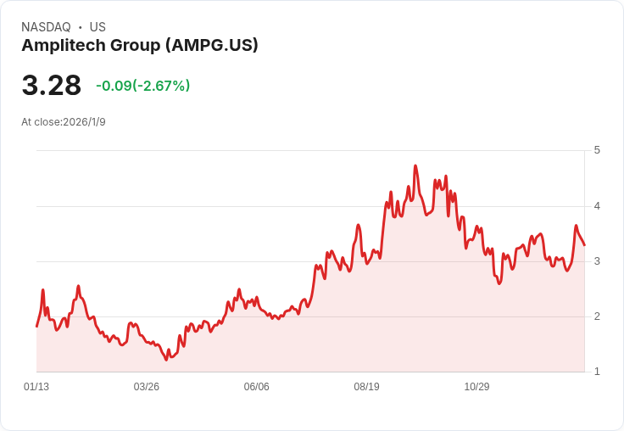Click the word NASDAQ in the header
click(x=46, y=27)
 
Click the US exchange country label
click(x=97, y=27)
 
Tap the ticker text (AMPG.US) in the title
click(x=212, y=46)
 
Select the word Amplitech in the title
click(x=58, y=46)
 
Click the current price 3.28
click(x=51, y=86)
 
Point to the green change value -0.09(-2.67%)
click(x=142, y=86)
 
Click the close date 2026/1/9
click(x=84, y=122)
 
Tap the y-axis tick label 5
click(x=597, y=150)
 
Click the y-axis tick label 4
click(x=597, y=206)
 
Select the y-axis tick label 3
click(x=597, y=261)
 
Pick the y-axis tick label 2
click(x=597, y=316)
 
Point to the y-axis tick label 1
click(x=597, y=372)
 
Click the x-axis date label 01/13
click(x=36, y=387)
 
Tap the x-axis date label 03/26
click(x=147, y=387)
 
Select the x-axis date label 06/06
click(x=256, y=387)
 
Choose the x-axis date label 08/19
click(x=366, y=387)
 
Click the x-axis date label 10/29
click(x=476, y=387)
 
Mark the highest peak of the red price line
click(x=415, y=166)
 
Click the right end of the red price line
click(x=584, y=245)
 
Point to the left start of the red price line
click(x=36, y=326)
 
